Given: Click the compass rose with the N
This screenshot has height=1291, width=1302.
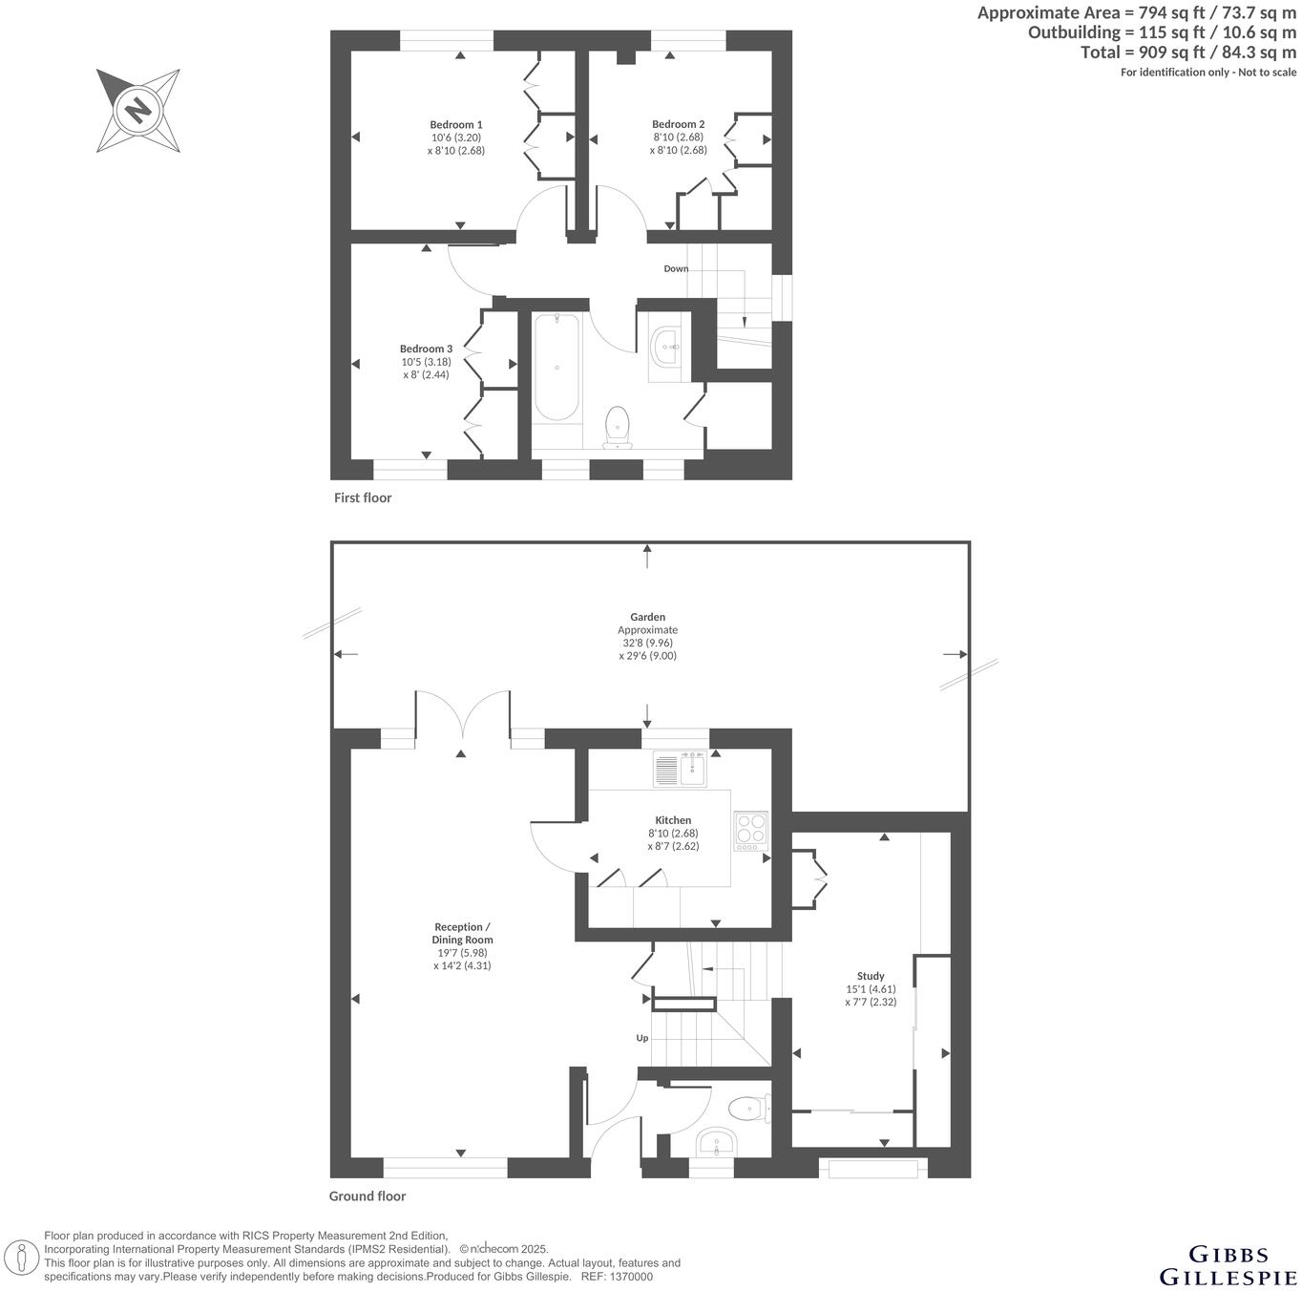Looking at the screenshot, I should (x=138, y=110).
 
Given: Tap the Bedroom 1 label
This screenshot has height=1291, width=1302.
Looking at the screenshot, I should (x=456, y=125).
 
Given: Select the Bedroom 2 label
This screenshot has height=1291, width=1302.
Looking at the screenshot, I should (x=679, y=124).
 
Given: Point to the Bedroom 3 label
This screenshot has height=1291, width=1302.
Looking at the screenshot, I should (x=426, y=349).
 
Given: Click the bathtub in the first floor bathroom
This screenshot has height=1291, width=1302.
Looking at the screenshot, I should (x=556, y=367).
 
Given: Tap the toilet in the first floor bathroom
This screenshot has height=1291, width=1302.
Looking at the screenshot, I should (x=618, y=426).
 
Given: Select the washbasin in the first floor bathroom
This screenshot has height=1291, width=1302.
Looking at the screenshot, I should (x=665, y=347).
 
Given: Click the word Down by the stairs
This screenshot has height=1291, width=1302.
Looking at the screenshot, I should (x=676, y=269).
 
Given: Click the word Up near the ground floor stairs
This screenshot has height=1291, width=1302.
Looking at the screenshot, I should (x=642, y=1038).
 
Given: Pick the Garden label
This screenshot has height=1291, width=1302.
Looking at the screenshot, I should (x=647, y=618).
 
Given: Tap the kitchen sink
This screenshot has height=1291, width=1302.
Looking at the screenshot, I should (x=680, y=769).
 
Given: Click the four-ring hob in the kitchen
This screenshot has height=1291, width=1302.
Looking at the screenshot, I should (x=751, y=831).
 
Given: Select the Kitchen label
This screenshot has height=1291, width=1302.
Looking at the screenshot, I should (x=673, y=820).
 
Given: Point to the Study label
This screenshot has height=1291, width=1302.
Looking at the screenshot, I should (x=871, y=976).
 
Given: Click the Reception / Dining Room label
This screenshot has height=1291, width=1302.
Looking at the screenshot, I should (x=462, y=933).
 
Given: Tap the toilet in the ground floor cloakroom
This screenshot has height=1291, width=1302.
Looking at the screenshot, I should (x=747, y=1109).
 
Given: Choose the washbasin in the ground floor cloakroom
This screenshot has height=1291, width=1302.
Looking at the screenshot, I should (x=715, y=1141).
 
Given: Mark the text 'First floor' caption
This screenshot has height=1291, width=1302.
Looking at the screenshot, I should (x=363, y=497).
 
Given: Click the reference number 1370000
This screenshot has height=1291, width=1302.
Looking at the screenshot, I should (x=631, y=1277).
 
